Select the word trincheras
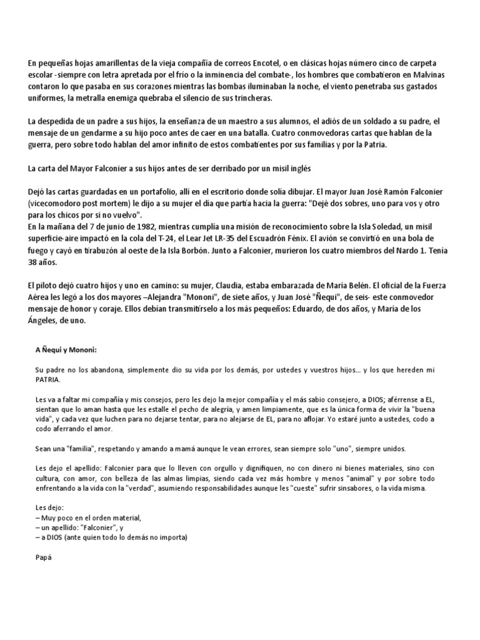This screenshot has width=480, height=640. coord(254,98)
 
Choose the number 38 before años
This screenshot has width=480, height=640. coord(34,261)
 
